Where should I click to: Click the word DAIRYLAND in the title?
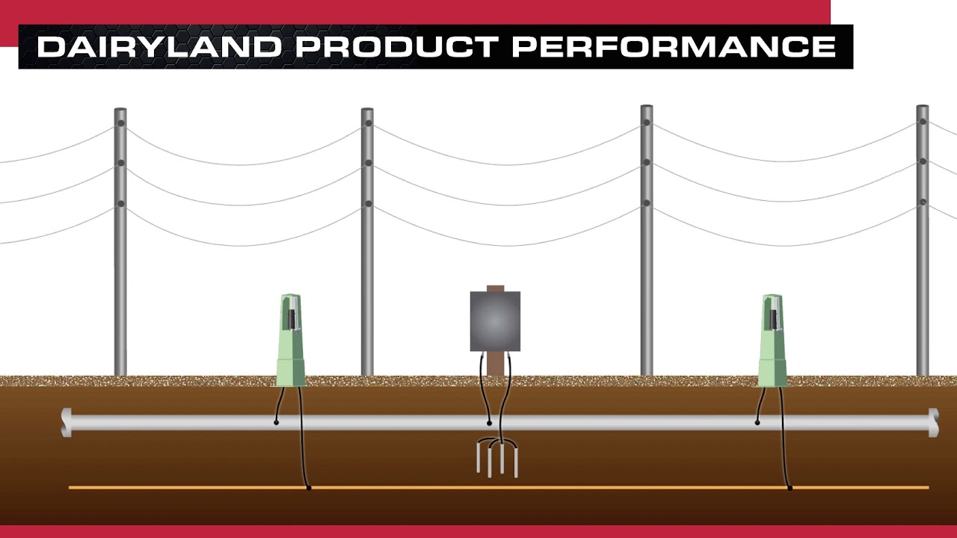click(159, 47)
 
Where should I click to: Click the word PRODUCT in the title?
click(395, 47)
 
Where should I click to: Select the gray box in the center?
click(495, 321)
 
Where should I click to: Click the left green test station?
click(291, 341)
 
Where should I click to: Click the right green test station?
click(772, 341)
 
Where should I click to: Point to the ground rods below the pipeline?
click(497, 459)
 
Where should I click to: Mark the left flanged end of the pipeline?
click(67, 422)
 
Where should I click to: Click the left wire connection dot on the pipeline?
click(277, 423)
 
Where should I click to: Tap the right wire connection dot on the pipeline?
click(757, 423)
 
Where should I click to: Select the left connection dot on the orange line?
click(309, 488)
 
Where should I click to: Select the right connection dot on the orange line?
click(790, 488)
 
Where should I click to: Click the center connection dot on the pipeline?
click(490, 423)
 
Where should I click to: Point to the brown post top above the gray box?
click(495, 288)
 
